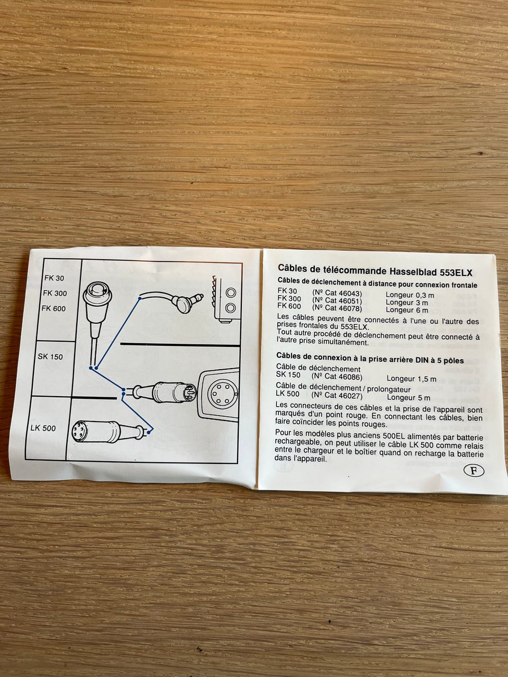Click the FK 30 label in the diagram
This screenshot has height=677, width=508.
point(55,278)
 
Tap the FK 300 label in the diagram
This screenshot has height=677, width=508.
point(55,293)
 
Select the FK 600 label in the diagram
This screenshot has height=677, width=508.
point(53,308)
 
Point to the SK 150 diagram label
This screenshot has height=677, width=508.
point(50,356)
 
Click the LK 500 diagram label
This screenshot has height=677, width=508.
point(43,428)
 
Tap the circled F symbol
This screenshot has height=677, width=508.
point(474,470)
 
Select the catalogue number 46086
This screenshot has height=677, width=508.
point(350,377)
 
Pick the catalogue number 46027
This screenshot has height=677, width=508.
point(350,396)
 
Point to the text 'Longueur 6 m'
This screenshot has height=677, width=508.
point(407,310)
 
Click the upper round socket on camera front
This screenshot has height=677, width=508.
point(231,292)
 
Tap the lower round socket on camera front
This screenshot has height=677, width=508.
point(231,307)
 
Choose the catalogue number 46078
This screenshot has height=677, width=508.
point(350,308)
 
